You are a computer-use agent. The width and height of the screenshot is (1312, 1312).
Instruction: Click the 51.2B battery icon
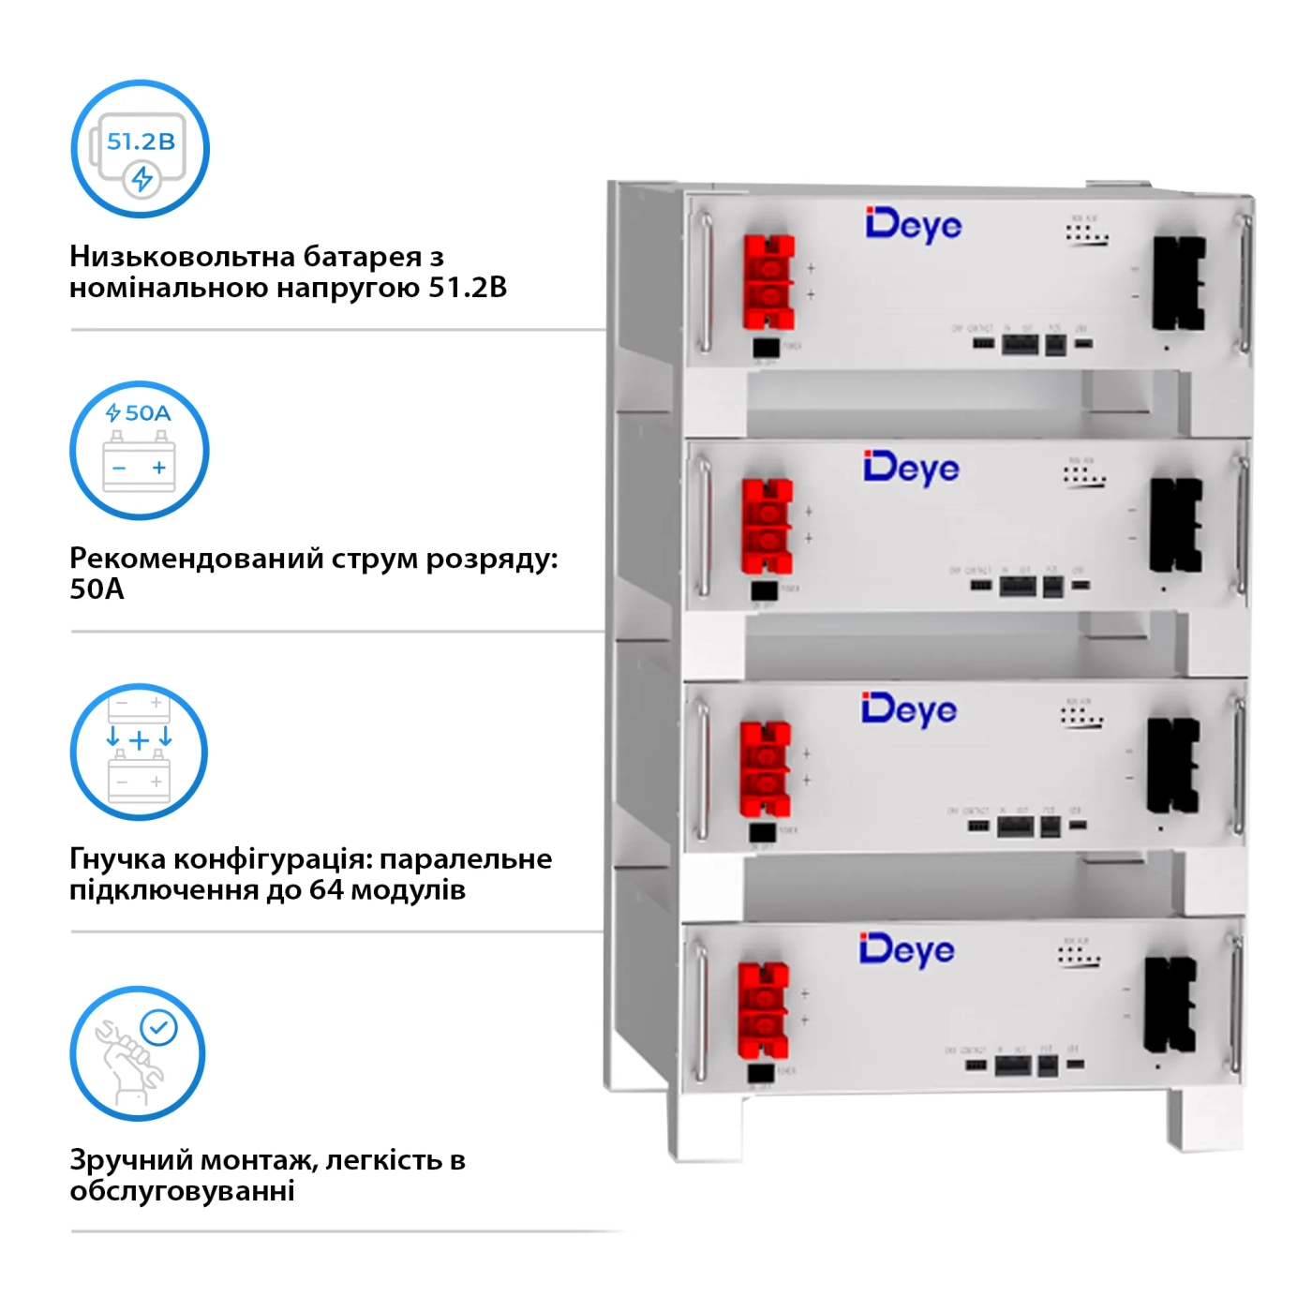click(x=141, y=150)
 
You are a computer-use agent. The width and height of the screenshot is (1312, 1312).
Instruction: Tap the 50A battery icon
click(x=140, y=451)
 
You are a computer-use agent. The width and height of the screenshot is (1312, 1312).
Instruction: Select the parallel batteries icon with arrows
click(x=140, y=752)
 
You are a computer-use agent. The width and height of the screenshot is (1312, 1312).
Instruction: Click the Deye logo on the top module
click(x=914, y=225)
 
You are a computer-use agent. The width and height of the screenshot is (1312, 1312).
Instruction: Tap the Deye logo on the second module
click(x=912, y=468)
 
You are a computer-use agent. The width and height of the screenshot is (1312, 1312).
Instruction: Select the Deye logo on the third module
click(x=909, y=709)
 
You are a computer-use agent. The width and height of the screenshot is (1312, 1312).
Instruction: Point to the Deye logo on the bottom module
click(x=907, y=950)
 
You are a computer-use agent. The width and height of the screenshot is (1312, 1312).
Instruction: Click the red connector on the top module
click(x=769, y=282)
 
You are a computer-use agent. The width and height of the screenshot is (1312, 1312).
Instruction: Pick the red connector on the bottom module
click(x=763, y=1009)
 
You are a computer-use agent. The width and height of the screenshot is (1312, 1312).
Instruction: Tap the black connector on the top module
click(x=1178, y=283)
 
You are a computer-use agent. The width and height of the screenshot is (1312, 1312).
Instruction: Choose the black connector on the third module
click(x=1172, y=766)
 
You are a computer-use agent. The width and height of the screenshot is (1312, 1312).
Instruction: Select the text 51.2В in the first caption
click(x=468, y=287)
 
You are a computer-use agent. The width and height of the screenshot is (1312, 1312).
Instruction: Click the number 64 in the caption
click(x=327, y=889)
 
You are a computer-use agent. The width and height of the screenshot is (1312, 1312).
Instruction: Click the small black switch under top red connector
click(x=766, y=348)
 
